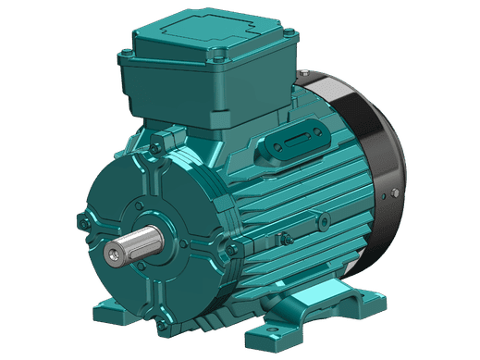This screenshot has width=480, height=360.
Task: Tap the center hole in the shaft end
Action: (113, 253)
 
